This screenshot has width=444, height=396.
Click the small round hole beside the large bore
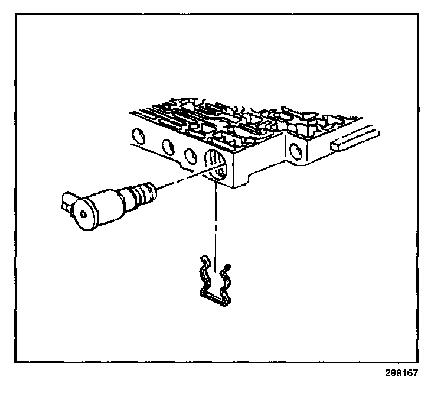[191, 155]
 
